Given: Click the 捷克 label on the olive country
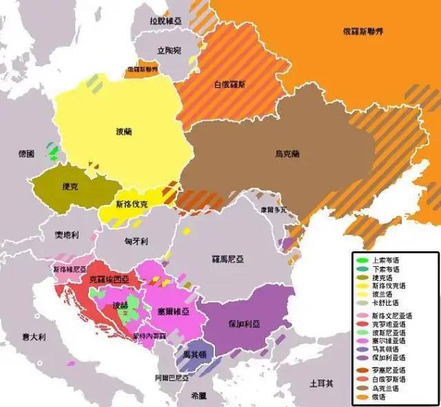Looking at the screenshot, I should (70, 186).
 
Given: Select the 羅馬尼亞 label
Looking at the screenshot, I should (227, 259).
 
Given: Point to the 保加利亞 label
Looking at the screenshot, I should (245, 323).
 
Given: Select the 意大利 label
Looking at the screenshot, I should (32, 337).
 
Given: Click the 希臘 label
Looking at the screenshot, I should (198, 397).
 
